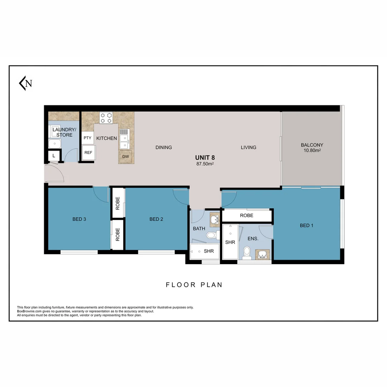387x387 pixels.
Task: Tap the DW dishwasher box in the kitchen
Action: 125,157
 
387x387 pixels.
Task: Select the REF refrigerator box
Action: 88,153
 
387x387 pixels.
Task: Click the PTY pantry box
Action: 87,138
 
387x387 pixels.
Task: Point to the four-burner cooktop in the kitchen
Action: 106,118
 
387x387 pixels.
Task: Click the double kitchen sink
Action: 124,139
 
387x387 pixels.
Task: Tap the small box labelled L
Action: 54,156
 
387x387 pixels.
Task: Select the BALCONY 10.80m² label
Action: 312,148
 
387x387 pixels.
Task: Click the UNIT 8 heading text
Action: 205,157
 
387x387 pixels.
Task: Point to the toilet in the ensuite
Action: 246,252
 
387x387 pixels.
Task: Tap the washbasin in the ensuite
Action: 262,254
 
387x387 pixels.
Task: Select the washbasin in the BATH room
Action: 214,219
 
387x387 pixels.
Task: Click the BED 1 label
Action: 306,225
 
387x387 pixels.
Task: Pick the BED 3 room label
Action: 79,219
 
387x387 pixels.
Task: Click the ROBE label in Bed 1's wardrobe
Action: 247,216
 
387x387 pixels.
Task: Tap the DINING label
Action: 164,147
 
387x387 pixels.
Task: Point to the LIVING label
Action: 248,147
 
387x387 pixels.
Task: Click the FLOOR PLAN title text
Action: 194,285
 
